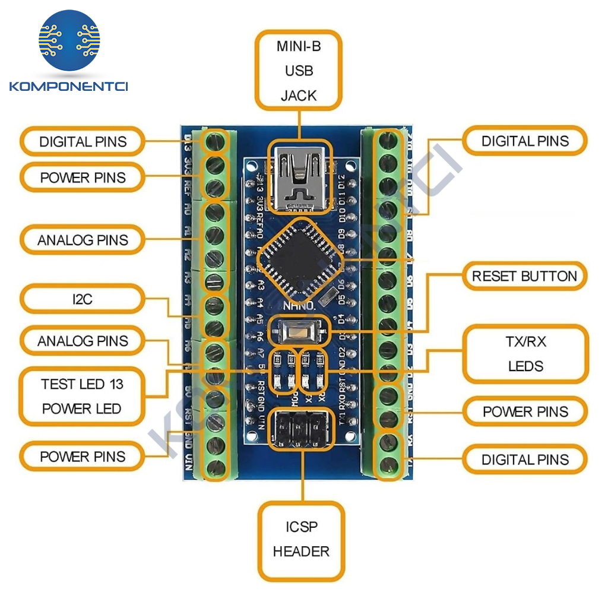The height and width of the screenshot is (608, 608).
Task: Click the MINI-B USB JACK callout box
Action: [x=299, y=71]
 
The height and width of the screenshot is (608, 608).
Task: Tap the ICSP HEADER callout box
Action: [x=301, y=539]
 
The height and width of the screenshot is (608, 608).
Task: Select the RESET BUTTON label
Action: [x=524, y=276]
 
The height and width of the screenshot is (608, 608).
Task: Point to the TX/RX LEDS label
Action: [x=525, y=353]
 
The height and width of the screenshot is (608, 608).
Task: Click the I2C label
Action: [x=83, y=299]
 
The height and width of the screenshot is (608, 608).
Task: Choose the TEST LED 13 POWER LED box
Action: [x=82, y=396]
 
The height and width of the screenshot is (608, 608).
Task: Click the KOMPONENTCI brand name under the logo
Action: [x=69, y=87]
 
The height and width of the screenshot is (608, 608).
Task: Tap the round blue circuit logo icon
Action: [x=69, y=40]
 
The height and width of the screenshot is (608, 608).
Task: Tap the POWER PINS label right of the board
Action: [x=525, y=411]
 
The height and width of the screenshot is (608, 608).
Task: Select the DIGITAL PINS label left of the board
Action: [x=83, y=141]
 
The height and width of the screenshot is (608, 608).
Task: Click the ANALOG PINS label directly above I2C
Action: [x=83, y=240]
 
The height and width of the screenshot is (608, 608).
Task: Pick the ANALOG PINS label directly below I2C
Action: [x=83, y=341]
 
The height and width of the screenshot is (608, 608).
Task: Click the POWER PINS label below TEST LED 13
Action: [x=83, y=457]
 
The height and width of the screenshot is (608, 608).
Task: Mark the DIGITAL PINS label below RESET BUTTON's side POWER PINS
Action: [x=525, y=459]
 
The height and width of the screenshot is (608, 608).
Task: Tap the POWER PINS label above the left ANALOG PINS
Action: [x=83, y=177]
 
